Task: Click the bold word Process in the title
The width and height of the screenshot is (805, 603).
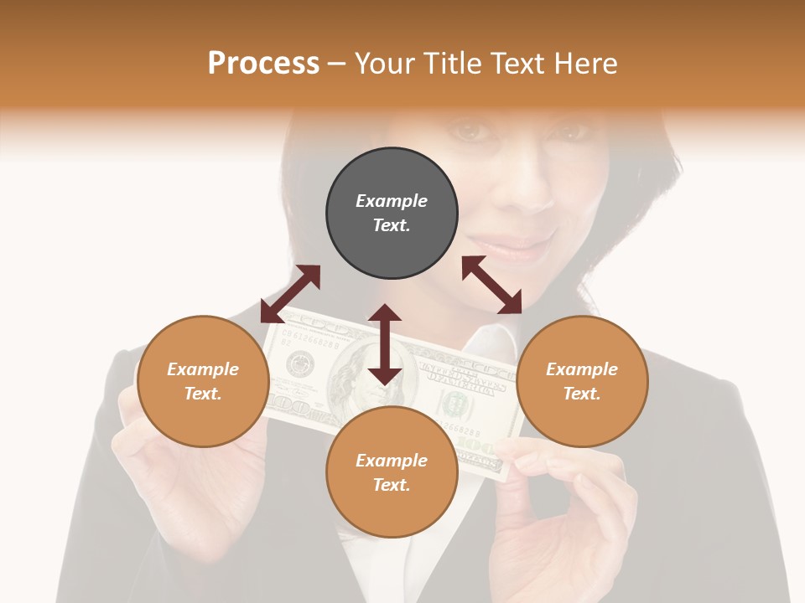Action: [263, 64]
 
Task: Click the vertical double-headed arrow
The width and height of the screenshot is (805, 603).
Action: [385, 344]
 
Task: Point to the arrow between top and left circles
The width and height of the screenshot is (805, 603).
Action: [290, 294]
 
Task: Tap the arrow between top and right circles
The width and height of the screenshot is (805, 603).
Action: [492, 285]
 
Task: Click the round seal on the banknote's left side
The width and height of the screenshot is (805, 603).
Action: [299, 364]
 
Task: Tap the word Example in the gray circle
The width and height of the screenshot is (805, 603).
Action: [392, 201]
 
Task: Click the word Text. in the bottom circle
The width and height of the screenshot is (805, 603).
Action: [392, 485]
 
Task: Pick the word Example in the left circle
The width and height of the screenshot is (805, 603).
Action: [203, 369]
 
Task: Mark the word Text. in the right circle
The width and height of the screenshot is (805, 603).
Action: [582, 394]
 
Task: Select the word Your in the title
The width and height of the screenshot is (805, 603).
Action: [384, 64]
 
